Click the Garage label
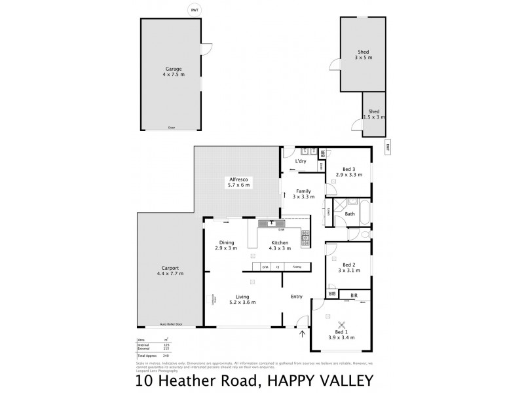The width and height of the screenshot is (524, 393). [x=174, y=69]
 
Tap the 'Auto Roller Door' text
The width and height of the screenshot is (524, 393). [x=170, y=324]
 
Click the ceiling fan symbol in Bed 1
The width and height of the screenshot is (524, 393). [x=341, y=325]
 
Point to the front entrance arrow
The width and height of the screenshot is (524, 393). [x=302, y=335]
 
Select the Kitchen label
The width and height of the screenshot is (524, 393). [x=280, y=243]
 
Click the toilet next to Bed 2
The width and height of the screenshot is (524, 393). [x=364, y=234]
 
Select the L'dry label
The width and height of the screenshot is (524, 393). [x=301, y=161]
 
